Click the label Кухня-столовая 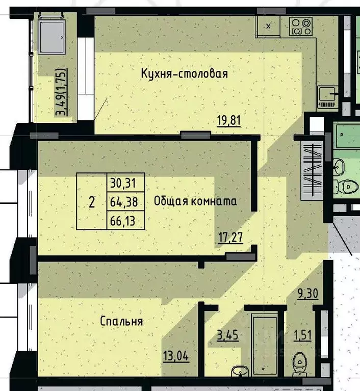click(184, 73)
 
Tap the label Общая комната click(195, 201)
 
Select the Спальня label click(121, 322)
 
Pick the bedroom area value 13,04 click(175, 356)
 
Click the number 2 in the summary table click(92, 202)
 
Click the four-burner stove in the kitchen click(301, 27)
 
